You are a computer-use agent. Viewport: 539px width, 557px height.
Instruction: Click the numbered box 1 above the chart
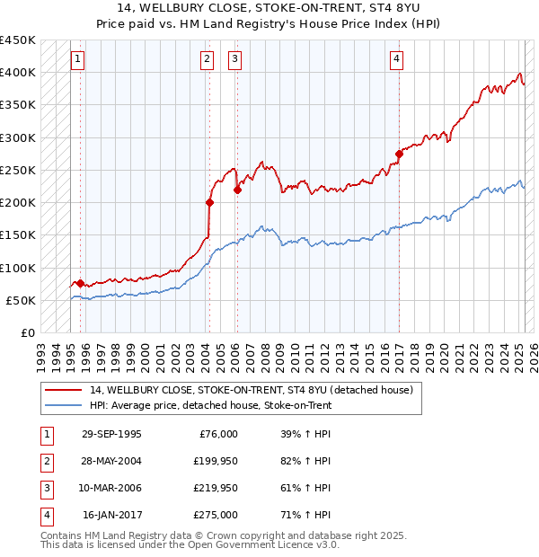78,60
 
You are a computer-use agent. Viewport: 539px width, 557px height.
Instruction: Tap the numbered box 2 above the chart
208,60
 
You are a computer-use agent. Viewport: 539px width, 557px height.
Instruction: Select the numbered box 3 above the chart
234,60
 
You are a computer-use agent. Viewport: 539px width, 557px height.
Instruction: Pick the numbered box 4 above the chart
396,60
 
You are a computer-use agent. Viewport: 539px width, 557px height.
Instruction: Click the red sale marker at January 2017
399,154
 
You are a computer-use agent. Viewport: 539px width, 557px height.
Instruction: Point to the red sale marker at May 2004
209,202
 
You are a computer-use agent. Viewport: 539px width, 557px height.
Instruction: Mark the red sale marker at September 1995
80,283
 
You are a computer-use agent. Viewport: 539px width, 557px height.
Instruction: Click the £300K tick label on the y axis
18,137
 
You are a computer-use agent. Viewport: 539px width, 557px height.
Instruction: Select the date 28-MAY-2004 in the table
111,462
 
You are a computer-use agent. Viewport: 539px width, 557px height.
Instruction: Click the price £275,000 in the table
216,516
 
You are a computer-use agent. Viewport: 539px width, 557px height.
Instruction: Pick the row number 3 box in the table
45,489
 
